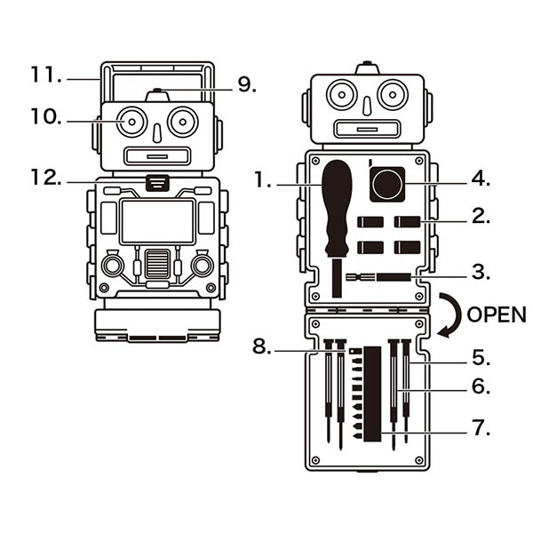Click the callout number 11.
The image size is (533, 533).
pyautogui.click(x=44, y=75)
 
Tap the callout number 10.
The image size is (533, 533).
pyautogui.click(x=44, y=116)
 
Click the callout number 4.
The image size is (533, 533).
pyautogui.click(x=480, y=178)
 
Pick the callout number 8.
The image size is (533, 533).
pyautogui.click(x=261, y=346)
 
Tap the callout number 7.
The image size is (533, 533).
pyautogui.click(x=480, y=428)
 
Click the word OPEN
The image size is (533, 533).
pyautogui.click(x=497, y=314)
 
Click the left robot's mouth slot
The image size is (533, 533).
pyautogui.click(x=157, y=157)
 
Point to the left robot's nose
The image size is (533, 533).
pyautogui.click(x=157, y=131)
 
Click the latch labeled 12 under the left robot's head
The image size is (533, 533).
pyautogui.click(x=157, y=183)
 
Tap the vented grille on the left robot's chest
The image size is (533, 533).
pyautogui.click(x=157, y=264)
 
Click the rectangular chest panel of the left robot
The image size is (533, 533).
pyautogui.click(x=157, y=220)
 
